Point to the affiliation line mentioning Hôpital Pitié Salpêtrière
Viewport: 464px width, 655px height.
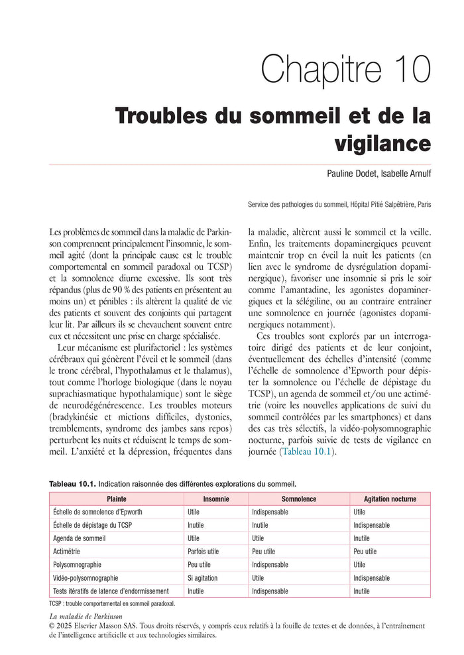[x=338, y=204]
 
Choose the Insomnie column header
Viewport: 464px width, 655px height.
[x=216, y=499]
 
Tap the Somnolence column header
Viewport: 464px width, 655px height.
[x=299, y=499]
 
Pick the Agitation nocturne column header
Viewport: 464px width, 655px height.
[x=390, y=499]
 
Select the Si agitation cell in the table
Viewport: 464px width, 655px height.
[x=203, y=577]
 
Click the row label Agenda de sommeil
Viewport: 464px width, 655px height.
[x=79, y=538]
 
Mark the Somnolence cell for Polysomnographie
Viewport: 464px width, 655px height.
[x=270, y=565]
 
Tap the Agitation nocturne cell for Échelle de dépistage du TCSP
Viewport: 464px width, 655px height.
[x=371, y=525]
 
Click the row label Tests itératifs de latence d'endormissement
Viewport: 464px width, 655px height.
[x=111, y=591]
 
